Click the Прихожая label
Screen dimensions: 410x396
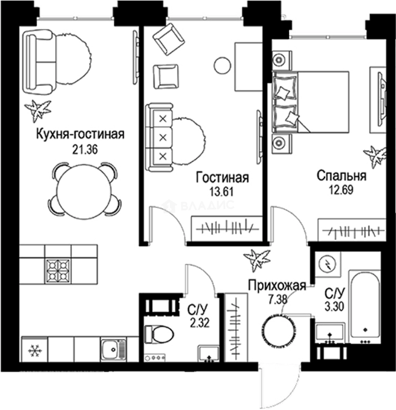tap(277, 285)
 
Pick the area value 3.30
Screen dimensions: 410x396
tap(334, 305)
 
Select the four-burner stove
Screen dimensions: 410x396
tap(58, 270)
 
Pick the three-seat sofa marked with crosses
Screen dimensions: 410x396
tap(159, 137)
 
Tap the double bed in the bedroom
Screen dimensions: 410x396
tap(311, 102)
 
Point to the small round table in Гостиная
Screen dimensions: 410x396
tap(222, 66)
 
